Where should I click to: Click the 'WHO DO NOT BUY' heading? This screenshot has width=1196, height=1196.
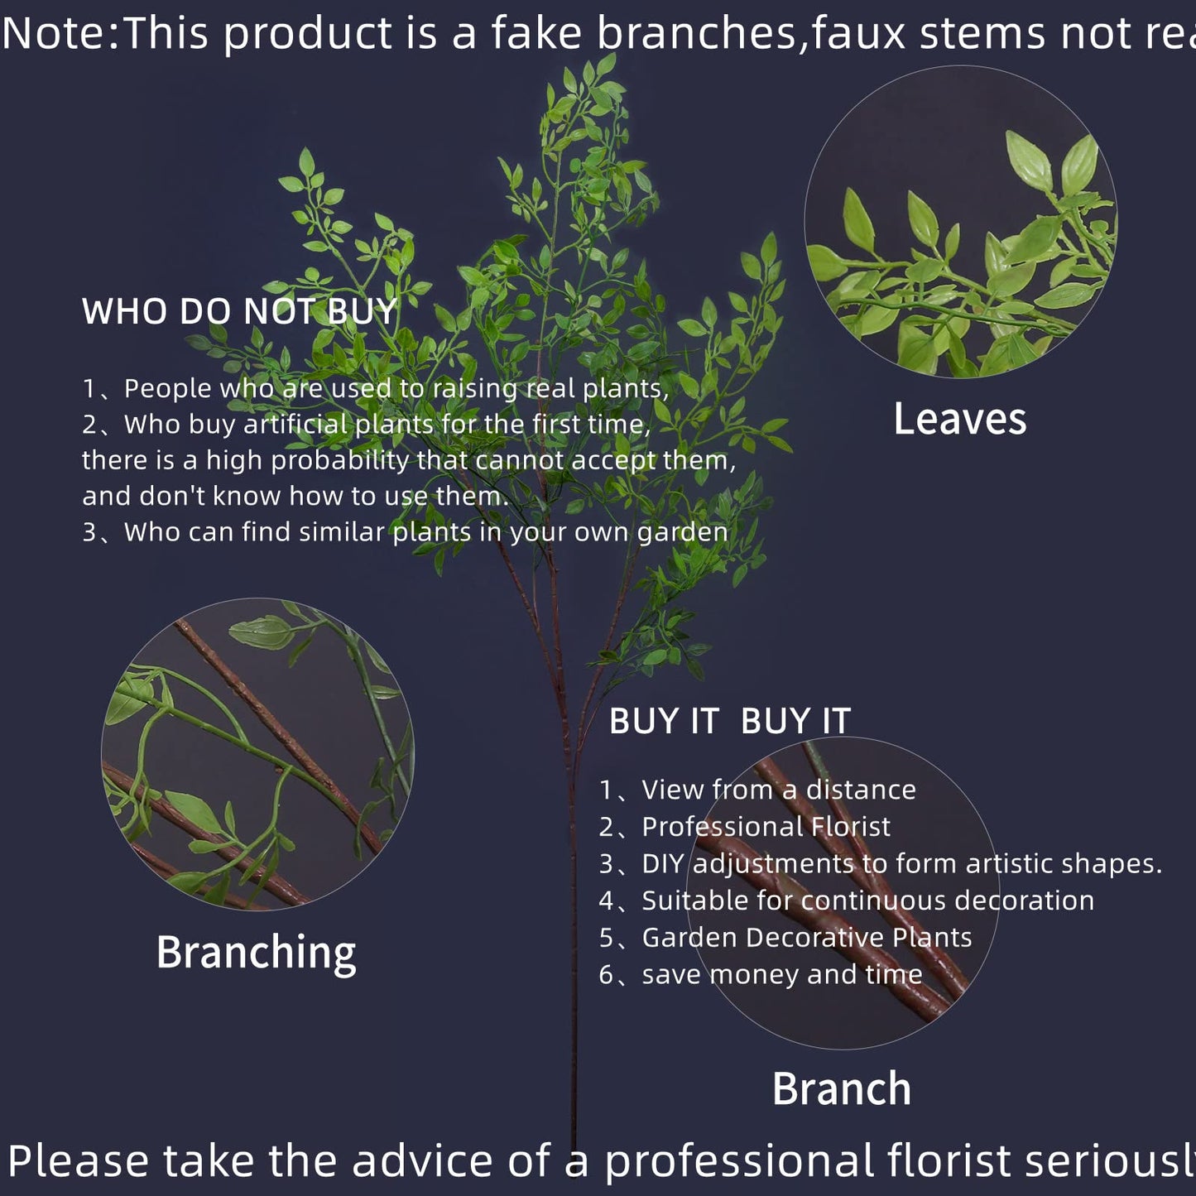240,312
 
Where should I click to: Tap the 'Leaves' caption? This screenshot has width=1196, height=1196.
959,419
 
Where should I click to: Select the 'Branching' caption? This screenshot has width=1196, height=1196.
256,952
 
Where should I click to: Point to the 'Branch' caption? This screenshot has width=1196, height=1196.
841,1088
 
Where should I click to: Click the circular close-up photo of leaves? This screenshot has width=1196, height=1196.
960,222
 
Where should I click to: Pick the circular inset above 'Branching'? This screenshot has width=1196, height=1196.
257,753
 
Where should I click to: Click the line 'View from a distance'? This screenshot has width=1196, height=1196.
778,790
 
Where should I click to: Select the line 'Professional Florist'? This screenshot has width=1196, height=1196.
766,826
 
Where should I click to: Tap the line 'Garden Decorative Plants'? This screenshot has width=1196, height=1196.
806,937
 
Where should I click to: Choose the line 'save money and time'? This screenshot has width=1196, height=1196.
781,974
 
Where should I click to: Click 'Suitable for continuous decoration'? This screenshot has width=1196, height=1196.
867,900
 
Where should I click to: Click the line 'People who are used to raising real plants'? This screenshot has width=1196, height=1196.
396,388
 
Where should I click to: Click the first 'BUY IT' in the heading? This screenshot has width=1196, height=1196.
664,721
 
